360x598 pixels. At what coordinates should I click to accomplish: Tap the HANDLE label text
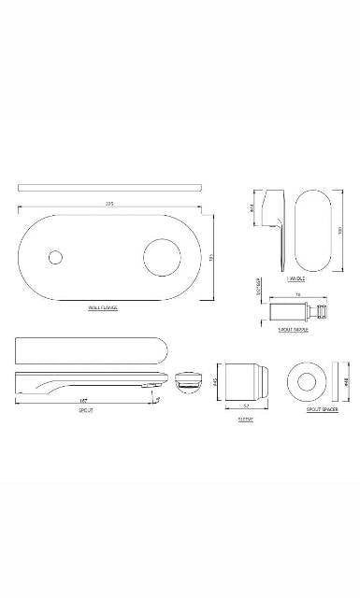pos(297,278)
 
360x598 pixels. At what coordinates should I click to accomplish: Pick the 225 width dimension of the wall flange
pos(110,205)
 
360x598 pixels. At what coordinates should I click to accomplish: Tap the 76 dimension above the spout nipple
pos(297,293)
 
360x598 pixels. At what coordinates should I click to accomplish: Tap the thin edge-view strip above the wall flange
pos(110,185)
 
